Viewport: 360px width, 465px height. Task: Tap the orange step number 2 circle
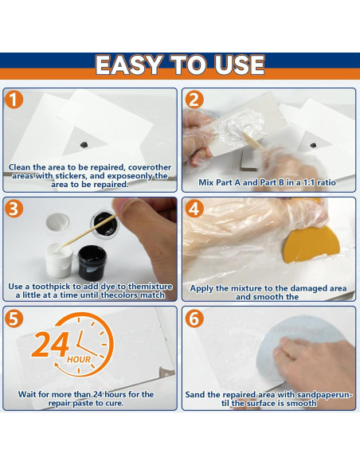click(194, 100)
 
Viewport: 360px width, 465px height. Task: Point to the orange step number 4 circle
click(194, 209)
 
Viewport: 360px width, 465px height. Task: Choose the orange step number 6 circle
click(194, 318)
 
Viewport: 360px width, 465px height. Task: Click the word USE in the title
click(235, 64)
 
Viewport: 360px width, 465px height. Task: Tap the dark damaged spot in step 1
click(84, 144)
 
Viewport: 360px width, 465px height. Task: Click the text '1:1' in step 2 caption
click(307, 182)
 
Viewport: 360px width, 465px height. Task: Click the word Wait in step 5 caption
click(29, 394)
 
